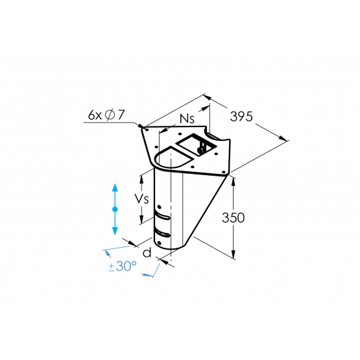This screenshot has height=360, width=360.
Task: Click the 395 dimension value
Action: (242, 117)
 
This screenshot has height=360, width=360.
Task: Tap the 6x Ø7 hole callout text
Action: (106, 115)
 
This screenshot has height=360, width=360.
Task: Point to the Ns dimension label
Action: (187, 119)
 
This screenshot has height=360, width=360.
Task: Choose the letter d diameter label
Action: (147, 253)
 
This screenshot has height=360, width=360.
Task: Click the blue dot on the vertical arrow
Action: (115, 209)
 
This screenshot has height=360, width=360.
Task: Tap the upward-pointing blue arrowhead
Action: (115, 187)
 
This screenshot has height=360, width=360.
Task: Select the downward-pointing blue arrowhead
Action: (115, 230)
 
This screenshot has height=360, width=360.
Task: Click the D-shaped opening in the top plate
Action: (170, 158)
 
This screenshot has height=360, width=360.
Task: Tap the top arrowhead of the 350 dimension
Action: (233, 181)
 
